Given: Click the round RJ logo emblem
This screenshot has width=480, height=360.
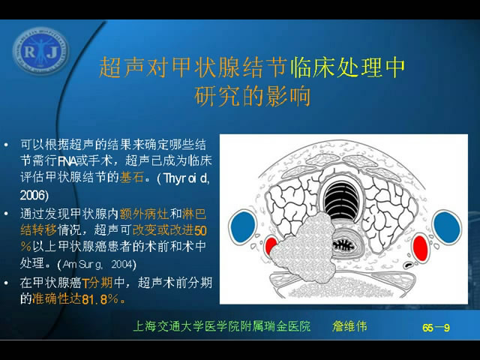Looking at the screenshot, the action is click(x=40, y=51).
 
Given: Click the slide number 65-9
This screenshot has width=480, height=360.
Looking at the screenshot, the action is click(x=436, y=328).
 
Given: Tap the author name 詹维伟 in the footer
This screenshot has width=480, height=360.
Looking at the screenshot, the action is click(x=349, y=326).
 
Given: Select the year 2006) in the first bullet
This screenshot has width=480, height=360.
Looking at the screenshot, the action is click(x=34, y=195).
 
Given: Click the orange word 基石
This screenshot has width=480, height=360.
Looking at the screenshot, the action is click(x=132, y=177).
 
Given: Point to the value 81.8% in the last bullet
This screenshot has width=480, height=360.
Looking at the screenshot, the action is click(x=100, y=299).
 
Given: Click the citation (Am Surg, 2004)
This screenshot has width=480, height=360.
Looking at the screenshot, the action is click(x=97, y=264).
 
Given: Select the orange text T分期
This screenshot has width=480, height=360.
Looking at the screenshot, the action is click(x=97, y=282).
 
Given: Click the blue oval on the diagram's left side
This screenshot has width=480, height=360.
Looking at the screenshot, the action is click(x=243, y=226).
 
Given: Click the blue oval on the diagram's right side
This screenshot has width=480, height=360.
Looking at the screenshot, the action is click(x=447, y=227).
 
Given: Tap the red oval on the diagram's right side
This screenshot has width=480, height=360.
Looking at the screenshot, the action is click(x=420, y=248).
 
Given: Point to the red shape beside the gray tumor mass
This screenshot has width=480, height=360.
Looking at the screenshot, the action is click(x=270, y=245).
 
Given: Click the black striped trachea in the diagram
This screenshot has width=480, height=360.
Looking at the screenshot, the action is click(x=341, y=200).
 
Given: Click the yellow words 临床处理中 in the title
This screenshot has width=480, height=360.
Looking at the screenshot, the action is click(x=347, y=67).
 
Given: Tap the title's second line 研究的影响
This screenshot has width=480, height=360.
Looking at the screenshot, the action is click(x=252, y=97).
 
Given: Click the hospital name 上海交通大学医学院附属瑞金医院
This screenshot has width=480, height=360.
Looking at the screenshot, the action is click(x=222, y=326).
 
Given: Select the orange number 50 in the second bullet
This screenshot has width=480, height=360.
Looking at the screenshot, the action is click(x=200, y=230).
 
